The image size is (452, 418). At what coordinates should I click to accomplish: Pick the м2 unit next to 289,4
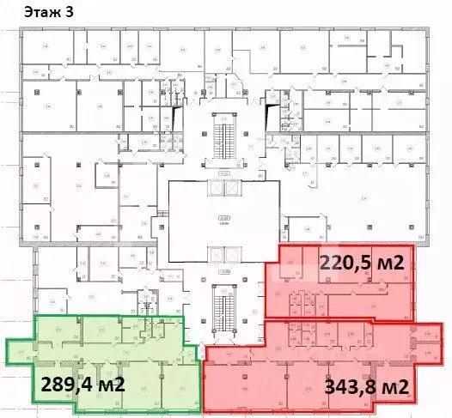(110, 384)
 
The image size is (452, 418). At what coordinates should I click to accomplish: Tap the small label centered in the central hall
(223, 220)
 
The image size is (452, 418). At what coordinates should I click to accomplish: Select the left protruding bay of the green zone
(19, 351)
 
